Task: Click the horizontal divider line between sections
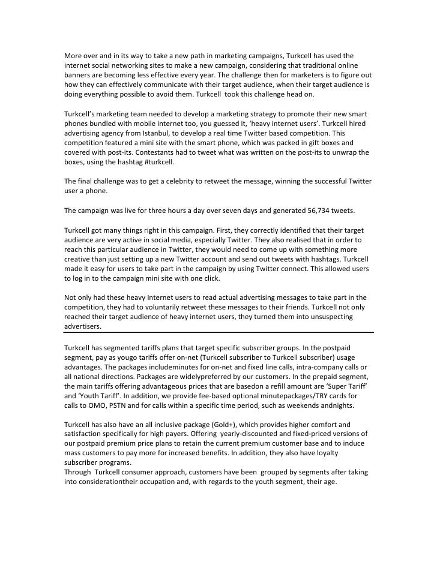[218, 332]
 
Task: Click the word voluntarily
[174, 308]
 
